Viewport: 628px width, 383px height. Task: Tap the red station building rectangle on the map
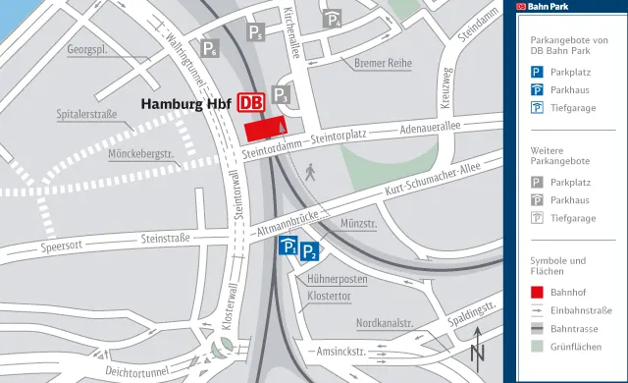pyautogui.click(x=264, y=130)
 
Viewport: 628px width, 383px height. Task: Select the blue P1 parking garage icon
pyautogui.click(x=289, y=248)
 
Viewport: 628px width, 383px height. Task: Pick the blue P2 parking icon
pyautogui.click(x=309, y=251)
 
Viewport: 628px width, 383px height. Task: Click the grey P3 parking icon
pyautogui.click(x=281, y=94)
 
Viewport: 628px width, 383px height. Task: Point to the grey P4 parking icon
pyautogui.click(x=333, y=19)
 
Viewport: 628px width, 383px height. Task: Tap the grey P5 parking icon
pyautogui.click(x=255, y=32)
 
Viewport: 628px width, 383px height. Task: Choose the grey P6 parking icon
pyautogui.click(x=209, y=47)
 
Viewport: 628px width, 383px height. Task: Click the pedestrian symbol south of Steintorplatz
pyautogui.click(x=311, y=173)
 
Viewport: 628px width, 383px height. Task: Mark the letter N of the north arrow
pyautogui.click(x=477, y=353)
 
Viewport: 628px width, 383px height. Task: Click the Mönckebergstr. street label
pyautogui.click(x=140, y=154)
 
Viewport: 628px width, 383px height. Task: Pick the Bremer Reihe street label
pyautogui.click(x=382, y=64)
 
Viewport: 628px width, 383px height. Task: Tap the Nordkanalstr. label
pyautogui.click(x=384, y=322)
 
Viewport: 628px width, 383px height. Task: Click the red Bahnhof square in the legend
pyautogui.click(x=537, y=292)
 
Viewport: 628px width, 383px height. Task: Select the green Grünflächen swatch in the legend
pyautogui.click(x=537, y=346)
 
